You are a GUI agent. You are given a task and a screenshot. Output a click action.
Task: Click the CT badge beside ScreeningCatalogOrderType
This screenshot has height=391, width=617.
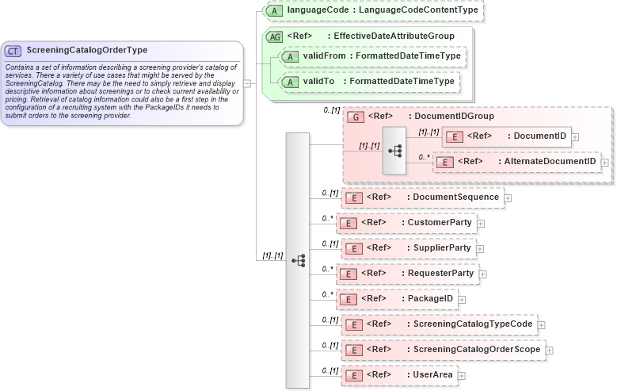(x=13, y=51)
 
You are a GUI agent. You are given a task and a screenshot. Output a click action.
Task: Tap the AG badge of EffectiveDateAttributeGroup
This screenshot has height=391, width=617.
(x=275, y=36)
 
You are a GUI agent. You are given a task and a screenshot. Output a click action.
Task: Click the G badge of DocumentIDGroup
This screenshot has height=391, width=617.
(x=356, y=117)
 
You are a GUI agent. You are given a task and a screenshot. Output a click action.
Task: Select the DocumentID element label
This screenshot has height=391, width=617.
(x=540, y=136)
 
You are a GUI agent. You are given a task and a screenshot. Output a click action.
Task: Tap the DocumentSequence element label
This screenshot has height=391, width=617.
(x=455, y=197)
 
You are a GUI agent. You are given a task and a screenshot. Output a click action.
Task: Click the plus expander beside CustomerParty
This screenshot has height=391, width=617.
(x=481, y=223)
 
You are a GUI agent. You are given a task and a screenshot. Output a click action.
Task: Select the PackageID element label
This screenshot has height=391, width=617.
(x=430, y=298)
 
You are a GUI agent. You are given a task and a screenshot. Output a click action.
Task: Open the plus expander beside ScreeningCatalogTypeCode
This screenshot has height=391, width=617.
(x=542, y=324)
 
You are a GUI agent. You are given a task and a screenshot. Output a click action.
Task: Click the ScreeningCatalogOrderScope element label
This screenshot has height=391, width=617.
(x=478, y=349)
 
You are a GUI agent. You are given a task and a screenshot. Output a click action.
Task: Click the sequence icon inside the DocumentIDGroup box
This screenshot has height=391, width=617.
(x=394, y=151)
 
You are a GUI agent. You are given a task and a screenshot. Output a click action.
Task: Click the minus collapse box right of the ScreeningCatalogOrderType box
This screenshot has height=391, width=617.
(x=247, y=82)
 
